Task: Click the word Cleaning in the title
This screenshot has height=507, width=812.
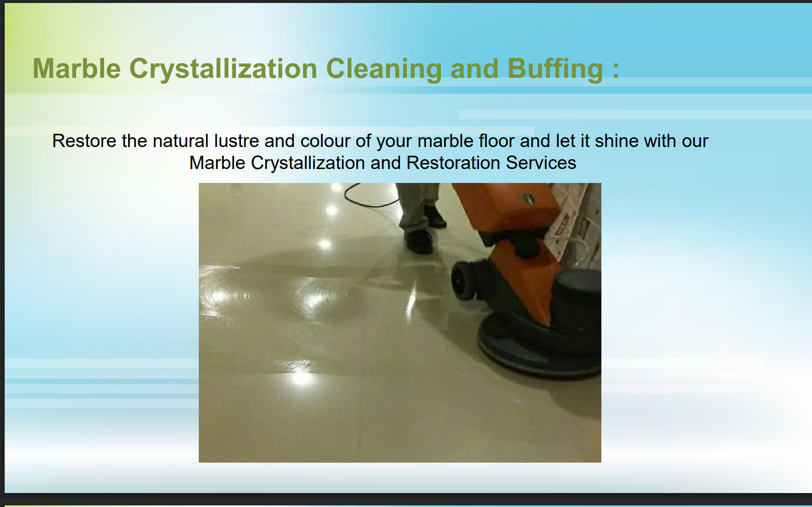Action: coord(384,68)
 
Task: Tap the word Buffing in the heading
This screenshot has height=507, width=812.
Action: coord(555,68)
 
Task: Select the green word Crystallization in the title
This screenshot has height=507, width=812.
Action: coord(223,69)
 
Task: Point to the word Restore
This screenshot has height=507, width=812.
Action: coord(84,141)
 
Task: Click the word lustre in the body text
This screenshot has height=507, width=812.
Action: coord(236,141)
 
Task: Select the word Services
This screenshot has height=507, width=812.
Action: coord(541,163)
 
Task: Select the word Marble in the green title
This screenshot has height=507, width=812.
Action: coord(77,68)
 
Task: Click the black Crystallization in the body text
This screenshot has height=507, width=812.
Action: coord(307,163)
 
